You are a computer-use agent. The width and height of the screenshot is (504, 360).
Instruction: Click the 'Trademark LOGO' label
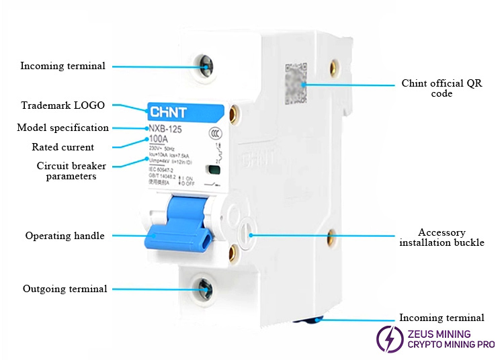pyautogui.click(x=62, y=105)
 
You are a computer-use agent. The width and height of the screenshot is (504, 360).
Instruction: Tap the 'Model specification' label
pyautogui.click(x=62, y=128)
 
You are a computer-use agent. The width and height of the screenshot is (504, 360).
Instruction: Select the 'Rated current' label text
pyautogui.click(x=63, y=147)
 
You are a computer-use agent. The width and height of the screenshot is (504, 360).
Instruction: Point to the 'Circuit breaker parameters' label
pyautogui.click(x=71, y=171)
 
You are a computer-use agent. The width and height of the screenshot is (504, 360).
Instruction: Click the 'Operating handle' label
pyautogui.click(x=65, y=236)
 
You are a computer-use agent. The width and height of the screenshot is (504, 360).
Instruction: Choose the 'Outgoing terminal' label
pyautogui.click(x=65, y=289)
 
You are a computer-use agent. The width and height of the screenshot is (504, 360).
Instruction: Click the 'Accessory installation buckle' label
pyautogui.click(x=442, y=237)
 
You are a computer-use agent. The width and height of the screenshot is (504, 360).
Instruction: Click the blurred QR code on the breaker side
pyautogui.click(x=296, y=82)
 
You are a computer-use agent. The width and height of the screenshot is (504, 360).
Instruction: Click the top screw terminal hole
pyautogui.click(x=206, y=66)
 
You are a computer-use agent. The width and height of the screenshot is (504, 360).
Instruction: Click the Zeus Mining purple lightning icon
pyautogui.click(x=389, y=339)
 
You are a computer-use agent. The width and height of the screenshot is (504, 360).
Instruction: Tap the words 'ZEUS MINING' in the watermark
pyautogui.click(x=439, y=333)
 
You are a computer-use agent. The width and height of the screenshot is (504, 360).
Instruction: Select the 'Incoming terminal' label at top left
pyautogui.click(x=62, y=66)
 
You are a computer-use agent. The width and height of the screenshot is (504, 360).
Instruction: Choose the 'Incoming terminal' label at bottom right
pyautogui.click(x=442, y=318)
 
